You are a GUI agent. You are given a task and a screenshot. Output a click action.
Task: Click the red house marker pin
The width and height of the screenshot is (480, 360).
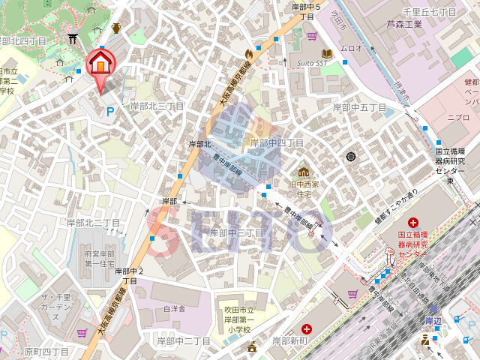pos(100,65)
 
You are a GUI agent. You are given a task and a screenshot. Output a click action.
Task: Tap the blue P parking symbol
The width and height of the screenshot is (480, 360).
pos(110,112)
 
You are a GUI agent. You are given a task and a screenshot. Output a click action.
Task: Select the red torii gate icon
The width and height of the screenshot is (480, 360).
pos(73,39)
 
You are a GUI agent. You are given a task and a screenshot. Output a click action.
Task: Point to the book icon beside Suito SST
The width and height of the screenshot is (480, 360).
pos(326,53)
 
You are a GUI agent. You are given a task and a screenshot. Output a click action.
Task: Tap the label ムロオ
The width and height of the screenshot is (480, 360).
pos(352,48)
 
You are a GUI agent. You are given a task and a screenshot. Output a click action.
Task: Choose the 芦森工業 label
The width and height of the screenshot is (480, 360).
pos(404,24)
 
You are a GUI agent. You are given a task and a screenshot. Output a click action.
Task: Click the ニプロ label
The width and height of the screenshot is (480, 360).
pos(458,117)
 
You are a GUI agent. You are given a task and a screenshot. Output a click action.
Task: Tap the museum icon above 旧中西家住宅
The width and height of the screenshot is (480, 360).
pos(304,172)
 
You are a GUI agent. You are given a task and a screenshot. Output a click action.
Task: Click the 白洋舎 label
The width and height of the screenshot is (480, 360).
pos(174,308)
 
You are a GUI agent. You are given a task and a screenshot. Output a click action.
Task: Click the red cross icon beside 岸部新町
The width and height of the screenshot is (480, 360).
pos(307,328)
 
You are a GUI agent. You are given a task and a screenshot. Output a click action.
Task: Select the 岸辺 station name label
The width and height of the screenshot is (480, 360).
pos(434,320)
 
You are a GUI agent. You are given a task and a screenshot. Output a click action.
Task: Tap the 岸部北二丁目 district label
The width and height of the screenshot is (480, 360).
pos(93,223)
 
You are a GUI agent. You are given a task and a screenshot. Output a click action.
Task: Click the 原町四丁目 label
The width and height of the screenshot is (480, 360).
pos(46,351)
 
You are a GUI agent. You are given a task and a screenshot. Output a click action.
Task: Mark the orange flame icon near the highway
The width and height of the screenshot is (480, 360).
pos(249,54)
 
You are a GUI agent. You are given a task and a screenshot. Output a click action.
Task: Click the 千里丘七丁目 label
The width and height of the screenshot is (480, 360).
pos(430,12)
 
